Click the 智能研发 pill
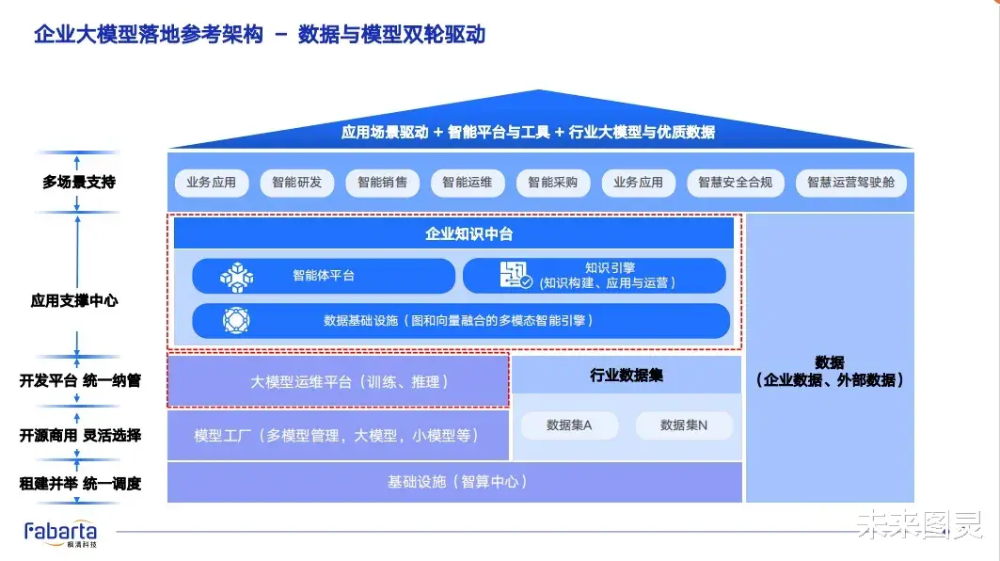296,183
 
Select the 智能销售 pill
382,183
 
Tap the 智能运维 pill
468,183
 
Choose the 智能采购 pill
553,183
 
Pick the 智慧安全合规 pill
736,183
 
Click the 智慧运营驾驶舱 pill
850,183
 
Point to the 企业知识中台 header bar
454,233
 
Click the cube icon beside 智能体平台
237,278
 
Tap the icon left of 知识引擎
516,275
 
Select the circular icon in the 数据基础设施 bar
236,320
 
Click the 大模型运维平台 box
338,381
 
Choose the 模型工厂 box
338,435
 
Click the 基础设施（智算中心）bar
454,482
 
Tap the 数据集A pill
569,425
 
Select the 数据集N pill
684,425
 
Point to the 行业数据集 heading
627,376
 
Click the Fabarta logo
60,534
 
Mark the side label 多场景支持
79,182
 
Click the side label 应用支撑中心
74,300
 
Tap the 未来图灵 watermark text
919,524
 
